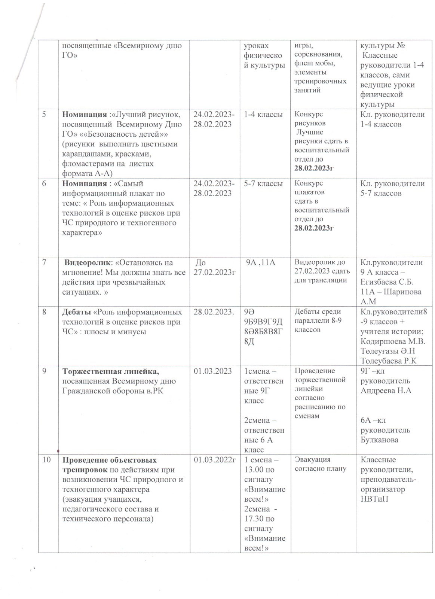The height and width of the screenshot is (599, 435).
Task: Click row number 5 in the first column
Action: (x=44, y=115)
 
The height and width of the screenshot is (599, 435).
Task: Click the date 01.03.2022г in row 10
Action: (x=214, y=460)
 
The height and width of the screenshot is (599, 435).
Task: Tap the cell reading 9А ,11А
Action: (x=260, y=262)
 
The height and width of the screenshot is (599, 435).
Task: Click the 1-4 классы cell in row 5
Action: (x=263, y=115)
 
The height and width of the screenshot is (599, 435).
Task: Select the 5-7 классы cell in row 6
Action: (x=263, y=184)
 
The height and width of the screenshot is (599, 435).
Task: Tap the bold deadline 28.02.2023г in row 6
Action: (x=314, y=228)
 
